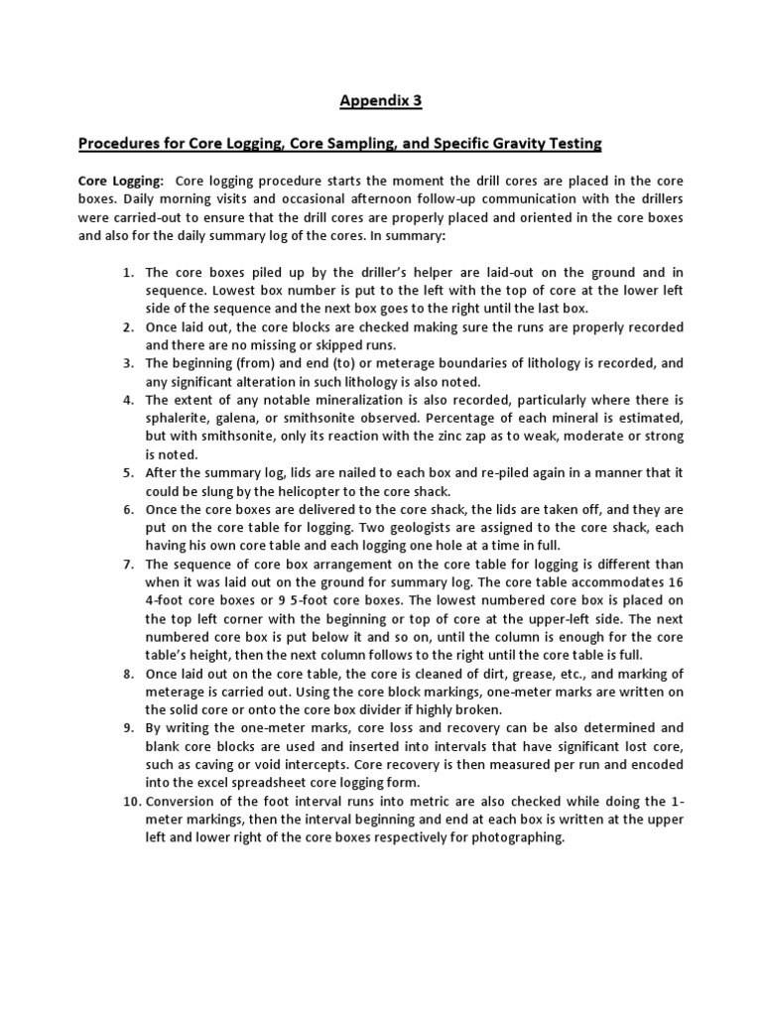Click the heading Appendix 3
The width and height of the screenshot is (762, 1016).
pos(380,100)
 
